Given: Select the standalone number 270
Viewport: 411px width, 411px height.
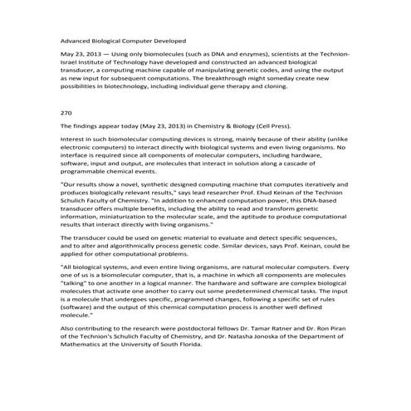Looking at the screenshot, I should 68,110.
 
